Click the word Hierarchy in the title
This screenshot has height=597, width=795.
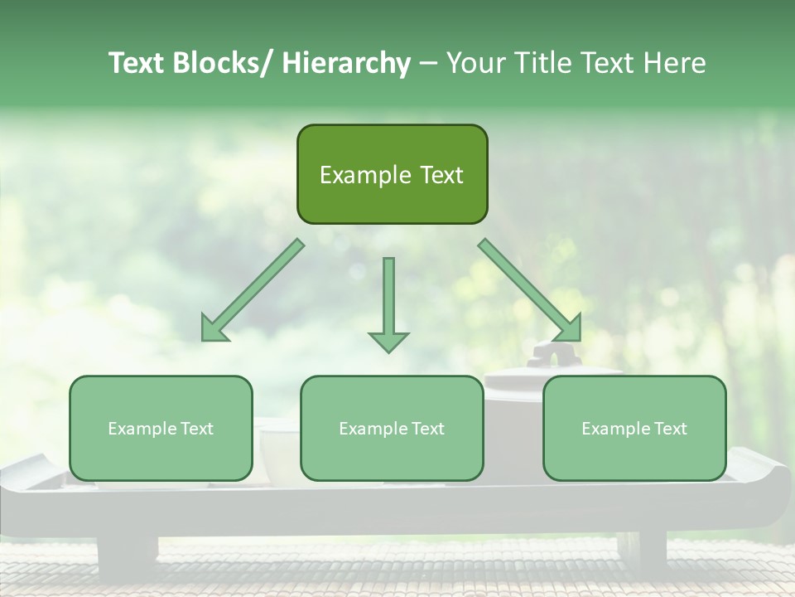tap(345, 63)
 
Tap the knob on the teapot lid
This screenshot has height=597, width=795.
tap(547, 355)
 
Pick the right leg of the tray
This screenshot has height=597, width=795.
tap(642, 552)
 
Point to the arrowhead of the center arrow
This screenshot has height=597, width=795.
tap(388, 341)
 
